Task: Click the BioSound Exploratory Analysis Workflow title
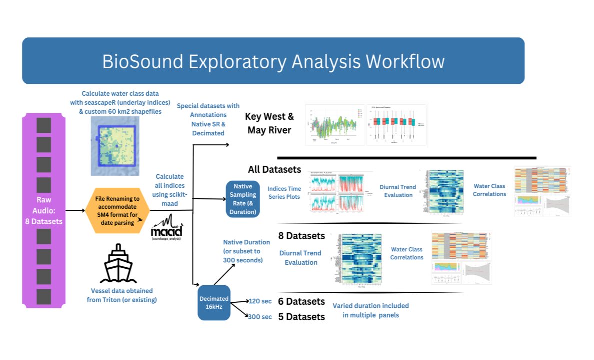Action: [x=273, y=61]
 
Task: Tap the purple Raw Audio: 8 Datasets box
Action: [x=44, y=210]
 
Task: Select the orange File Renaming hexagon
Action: [x=115, y=210]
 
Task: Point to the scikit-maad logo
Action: [x=166, y=230]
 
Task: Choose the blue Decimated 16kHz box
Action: [x=214, y=303]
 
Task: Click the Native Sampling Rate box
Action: [x=243, y=199]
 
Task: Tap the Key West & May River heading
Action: [x=269, y=123]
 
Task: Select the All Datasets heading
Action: [x=274, y=169]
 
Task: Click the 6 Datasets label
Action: [x=301, y=301]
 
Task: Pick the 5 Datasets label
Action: [x=301, y=316]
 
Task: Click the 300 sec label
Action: [x=260, y=316]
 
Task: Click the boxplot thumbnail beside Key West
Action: [x=397, y=124]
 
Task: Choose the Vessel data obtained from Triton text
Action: [x=122, y=295]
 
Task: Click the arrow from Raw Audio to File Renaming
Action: [x=75, y=210]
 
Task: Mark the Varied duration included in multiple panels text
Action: [x=370, y=310]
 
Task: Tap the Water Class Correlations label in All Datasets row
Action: [x=489, y=190]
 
